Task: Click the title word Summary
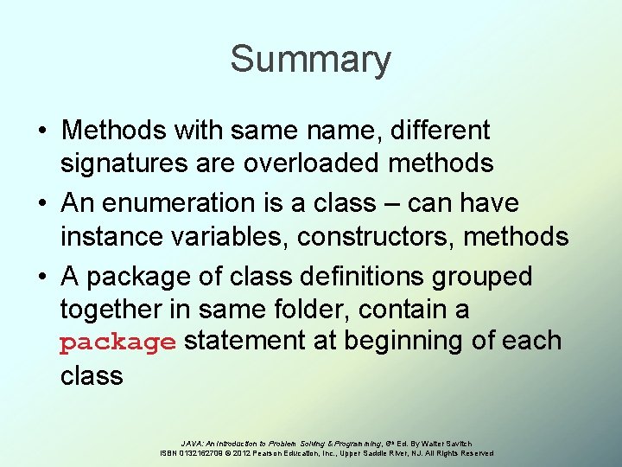click(x=310, y=60)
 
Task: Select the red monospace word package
click(x=117, y=342)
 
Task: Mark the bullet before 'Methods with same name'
click(x=41, y=131)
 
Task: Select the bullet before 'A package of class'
click(x=41, y=278)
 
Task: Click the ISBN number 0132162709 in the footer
click(x=200, y=453)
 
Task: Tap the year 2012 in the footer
click(x=241, y=453)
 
